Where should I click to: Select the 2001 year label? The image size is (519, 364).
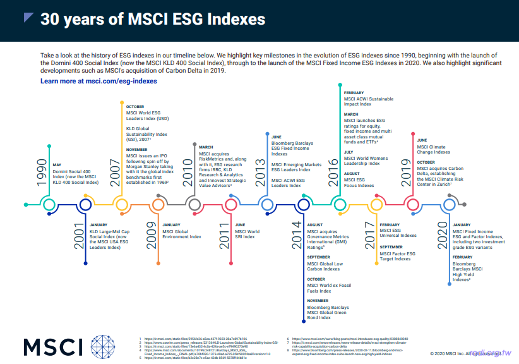(78, 235)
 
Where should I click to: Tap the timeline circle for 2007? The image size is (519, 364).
(121, 204)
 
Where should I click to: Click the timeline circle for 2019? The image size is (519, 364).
(412, 204)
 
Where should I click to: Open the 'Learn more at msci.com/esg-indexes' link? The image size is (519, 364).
(98, 82)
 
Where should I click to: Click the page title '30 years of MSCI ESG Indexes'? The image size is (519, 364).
(153, 20)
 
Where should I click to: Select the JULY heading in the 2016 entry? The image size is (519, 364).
(349, 152)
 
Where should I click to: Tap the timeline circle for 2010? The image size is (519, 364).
(194, 204)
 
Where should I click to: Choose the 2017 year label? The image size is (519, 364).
(369, 235)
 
